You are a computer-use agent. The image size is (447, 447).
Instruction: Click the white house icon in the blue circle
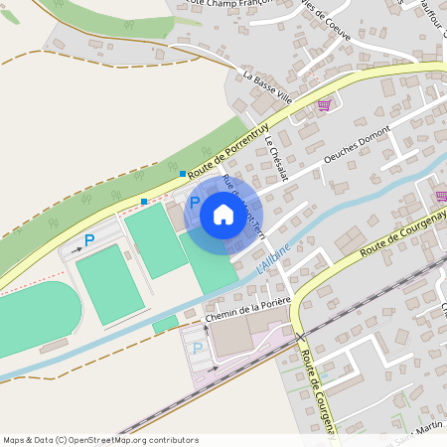(223, 215)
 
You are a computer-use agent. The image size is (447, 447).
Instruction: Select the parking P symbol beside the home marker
(181, 202)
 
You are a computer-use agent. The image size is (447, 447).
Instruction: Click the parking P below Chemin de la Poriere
(197, 348)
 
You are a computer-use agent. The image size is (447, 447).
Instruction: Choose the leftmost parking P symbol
(89, 239)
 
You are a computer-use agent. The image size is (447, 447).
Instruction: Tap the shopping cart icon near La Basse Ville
(324, 104)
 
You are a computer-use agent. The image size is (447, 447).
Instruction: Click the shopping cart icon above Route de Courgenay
(441, 196)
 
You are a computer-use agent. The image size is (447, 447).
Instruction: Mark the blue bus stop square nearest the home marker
(183, 174)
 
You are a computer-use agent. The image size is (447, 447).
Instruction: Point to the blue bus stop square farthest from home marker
(144, 202)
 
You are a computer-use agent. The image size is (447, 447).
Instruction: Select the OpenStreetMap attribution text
(99, 440)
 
